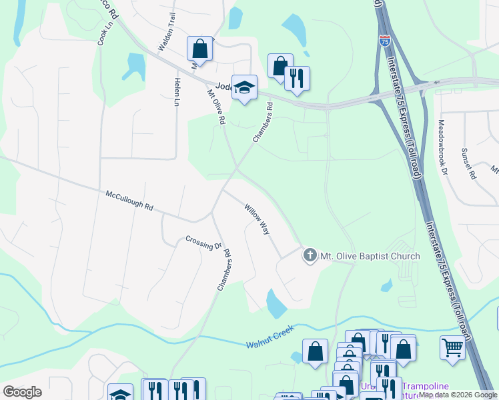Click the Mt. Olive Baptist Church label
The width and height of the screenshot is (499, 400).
click(x=370, y=256)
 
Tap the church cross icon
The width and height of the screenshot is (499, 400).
click(x=310, y=255)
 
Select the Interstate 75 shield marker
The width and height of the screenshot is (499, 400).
click(x=384, y=39)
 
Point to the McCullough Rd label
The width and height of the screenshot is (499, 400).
click(x=129, y=201)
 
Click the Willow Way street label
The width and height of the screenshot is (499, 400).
click(x=257, y=219)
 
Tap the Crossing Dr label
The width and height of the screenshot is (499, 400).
click(x=203, y=243)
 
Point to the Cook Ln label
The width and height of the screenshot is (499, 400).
click(x=105, y=32)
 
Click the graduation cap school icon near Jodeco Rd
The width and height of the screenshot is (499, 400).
click(x=245, y=87)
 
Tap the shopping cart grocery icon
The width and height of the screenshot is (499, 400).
click(x=452, y=347)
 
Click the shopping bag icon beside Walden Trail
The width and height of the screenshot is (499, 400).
click(x=199, y=49)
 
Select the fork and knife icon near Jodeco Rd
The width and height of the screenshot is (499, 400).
click(x=297, y=78)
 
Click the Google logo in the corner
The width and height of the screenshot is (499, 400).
click(x=22, y=392)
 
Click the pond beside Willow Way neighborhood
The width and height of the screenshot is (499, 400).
click(x=276, y=303)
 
